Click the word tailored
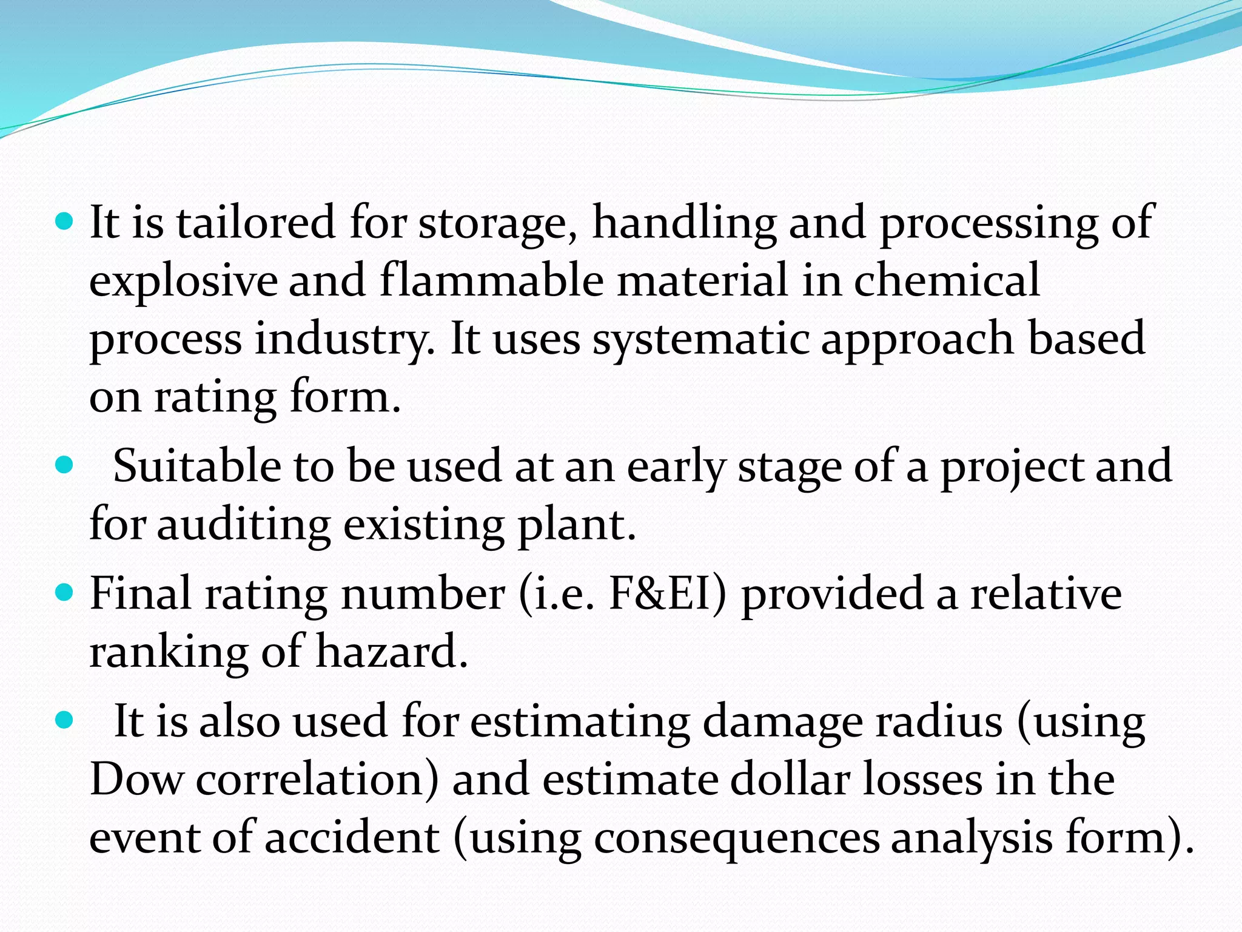[255, 223]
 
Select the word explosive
[183, 281]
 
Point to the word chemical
[947, 280]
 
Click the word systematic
[700, 339]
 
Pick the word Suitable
[197, 466]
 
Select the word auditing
[244, 525]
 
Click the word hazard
[392, 652]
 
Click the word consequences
[736, 838]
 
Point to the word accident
[352, 837]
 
